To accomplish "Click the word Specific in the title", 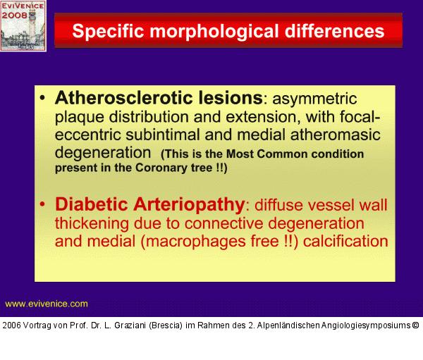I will tap(108, 32).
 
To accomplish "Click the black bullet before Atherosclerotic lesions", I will tap(44, 98).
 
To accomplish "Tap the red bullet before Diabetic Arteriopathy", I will tap(44, 205).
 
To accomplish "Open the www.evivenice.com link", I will tap(47, 304).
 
